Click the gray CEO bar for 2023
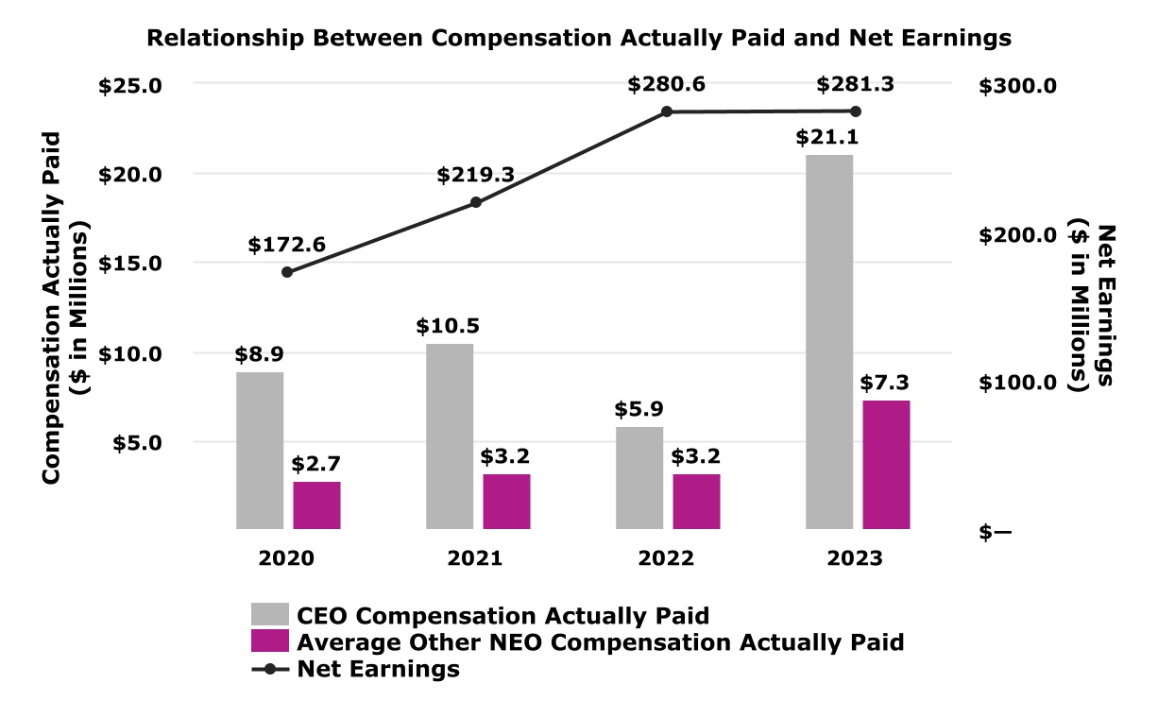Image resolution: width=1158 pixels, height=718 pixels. click(x=829, y=341)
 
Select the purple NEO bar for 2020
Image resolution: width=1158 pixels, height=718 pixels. click(x=316, y=505)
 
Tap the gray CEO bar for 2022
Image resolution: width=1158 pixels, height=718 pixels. click(x=639, y=478)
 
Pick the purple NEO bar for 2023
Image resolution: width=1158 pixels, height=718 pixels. click(x=886, y=465)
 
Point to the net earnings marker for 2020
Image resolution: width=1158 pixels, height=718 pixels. click(x=287, y=272)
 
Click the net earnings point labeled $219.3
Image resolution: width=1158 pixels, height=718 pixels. click(x=476, y=202)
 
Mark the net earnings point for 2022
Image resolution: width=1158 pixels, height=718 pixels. click(x=666, y=111)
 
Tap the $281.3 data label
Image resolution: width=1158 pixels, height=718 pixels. click(x=856, y=85)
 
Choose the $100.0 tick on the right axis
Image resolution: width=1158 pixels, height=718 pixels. click(x=1019, y=383)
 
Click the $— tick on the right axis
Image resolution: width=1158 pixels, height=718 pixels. click(x=996, y=532)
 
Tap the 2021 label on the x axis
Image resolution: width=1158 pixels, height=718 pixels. click(x=476, y=558)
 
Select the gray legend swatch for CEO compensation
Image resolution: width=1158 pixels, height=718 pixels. click(x=270, y=615)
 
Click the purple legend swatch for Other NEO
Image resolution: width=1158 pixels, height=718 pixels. click(x=270, y=641)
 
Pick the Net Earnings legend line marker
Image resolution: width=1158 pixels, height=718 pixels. click(x=270, y=670)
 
